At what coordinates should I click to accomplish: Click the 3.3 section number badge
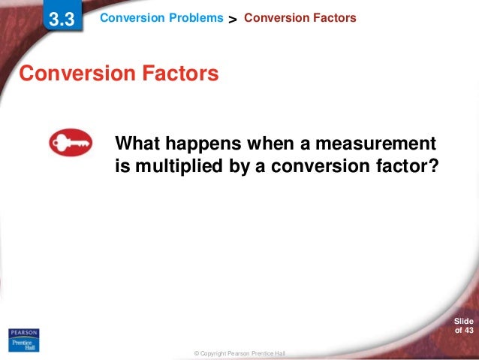coord(62,20)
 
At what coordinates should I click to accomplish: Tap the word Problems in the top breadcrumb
coord(199,17)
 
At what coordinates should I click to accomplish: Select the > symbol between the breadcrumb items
coord(233,19)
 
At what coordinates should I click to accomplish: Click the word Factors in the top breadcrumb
coord(331,17)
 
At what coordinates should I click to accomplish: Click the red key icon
coord(70,142)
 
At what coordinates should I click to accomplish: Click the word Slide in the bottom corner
coord(464,321)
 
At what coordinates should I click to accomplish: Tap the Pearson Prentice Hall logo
coord(23,338)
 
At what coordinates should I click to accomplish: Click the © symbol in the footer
coord(196,353)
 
